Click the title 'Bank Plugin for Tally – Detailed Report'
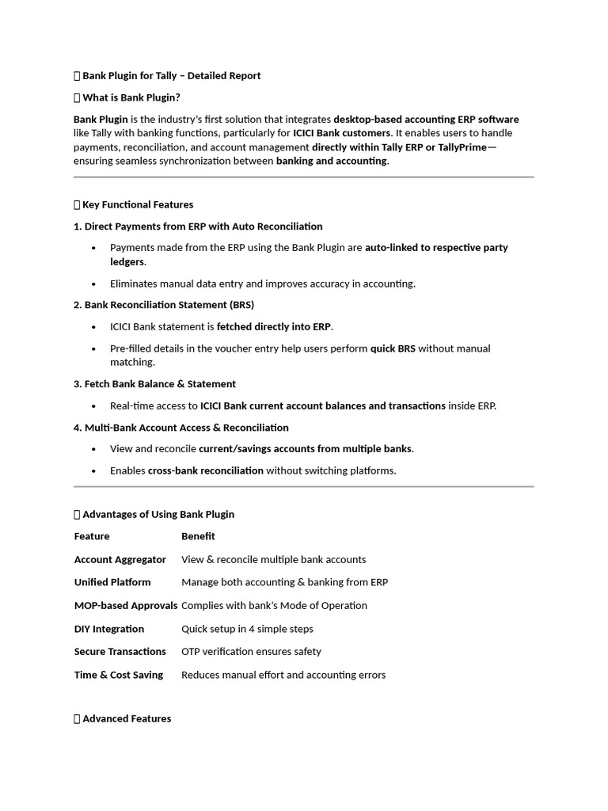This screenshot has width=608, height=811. click(171, 76)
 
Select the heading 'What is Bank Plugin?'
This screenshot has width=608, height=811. click(131, 97)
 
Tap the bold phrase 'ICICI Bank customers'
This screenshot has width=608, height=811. click(342, 133)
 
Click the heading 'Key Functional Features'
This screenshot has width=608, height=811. click(138, 204)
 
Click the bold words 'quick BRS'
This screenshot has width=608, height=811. click(393, 348)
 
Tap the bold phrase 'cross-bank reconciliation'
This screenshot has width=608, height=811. click(206, 470)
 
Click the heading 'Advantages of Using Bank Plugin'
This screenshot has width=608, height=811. click(158, 514)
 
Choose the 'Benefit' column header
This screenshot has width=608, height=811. click(198, 536)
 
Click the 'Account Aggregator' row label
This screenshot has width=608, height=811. click(120, 559)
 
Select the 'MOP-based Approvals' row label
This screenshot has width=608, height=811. click(126, 605)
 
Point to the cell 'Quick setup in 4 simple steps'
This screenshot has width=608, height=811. click(247, 629)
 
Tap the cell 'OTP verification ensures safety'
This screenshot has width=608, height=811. click(251, 651)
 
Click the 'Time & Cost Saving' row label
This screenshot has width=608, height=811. click(119, 675)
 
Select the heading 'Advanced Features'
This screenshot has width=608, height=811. click(127, 718)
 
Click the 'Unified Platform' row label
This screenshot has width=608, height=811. click(112, 582)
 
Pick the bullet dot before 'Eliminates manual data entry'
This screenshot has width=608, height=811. click(94, 284)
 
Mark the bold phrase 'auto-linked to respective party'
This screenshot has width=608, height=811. click(436, 248)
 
